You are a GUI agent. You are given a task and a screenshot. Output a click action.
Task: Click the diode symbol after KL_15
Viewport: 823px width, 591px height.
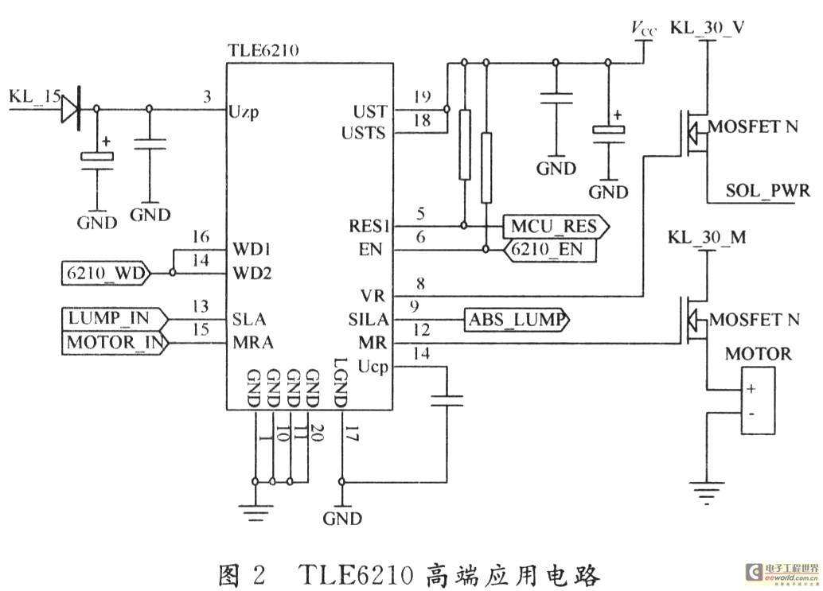click(x=70, y=110)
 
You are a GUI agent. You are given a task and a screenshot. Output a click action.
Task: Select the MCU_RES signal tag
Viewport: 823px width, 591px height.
click(x=556, y=227)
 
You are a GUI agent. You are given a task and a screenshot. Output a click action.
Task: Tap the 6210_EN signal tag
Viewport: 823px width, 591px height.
click(x=550, y=250)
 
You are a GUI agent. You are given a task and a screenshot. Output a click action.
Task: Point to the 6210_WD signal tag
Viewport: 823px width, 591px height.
click(x=106, y=273)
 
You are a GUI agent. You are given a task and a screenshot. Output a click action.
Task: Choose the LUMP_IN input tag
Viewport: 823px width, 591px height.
click(x=115, y=319)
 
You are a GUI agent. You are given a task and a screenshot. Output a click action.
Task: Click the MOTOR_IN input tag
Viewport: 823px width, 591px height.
click(x=115, y=343)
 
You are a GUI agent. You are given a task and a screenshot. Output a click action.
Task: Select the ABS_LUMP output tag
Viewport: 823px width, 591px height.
click(x=517, y=320)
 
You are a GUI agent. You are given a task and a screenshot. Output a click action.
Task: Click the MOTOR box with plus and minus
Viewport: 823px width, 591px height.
click(x=758, y=401)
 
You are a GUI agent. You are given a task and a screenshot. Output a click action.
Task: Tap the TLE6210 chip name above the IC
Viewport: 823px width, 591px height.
click(x=263, y=50)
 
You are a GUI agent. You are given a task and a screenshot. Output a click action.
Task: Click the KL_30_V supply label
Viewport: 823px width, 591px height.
click(x=707, y=27)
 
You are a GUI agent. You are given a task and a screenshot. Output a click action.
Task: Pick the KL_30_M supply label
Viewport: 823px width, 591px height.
click(x=707, y=237)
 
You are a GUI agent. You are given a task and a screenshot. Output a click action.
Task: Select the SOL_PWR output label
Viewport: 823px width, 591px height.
click(x=767, y=190)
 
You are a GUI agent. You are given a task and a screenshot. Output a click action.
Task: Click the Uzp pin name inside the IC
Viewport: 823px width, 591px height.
click(x=244, y=112)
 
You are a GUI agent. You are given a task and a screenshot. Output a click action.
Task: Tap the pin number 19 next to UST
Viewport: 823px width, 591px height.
click(x=422, y=96)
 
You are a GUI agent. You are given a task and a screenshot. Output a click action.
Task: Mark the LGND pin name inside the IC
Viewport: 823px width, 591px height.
click(x=340, y=383)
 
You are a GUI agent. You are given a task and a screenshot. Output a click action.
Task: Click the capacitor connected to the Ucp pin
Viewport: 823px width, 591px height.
click(x=447, y=401)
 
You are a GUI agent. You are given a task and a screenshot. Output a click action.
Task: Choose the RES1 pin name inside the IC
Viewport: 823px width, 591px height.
click(x=369, y=226)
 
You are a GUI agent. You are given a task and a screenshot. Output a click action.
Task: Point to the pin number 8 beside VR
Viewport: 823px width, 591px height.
click(x=420, y=284)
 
